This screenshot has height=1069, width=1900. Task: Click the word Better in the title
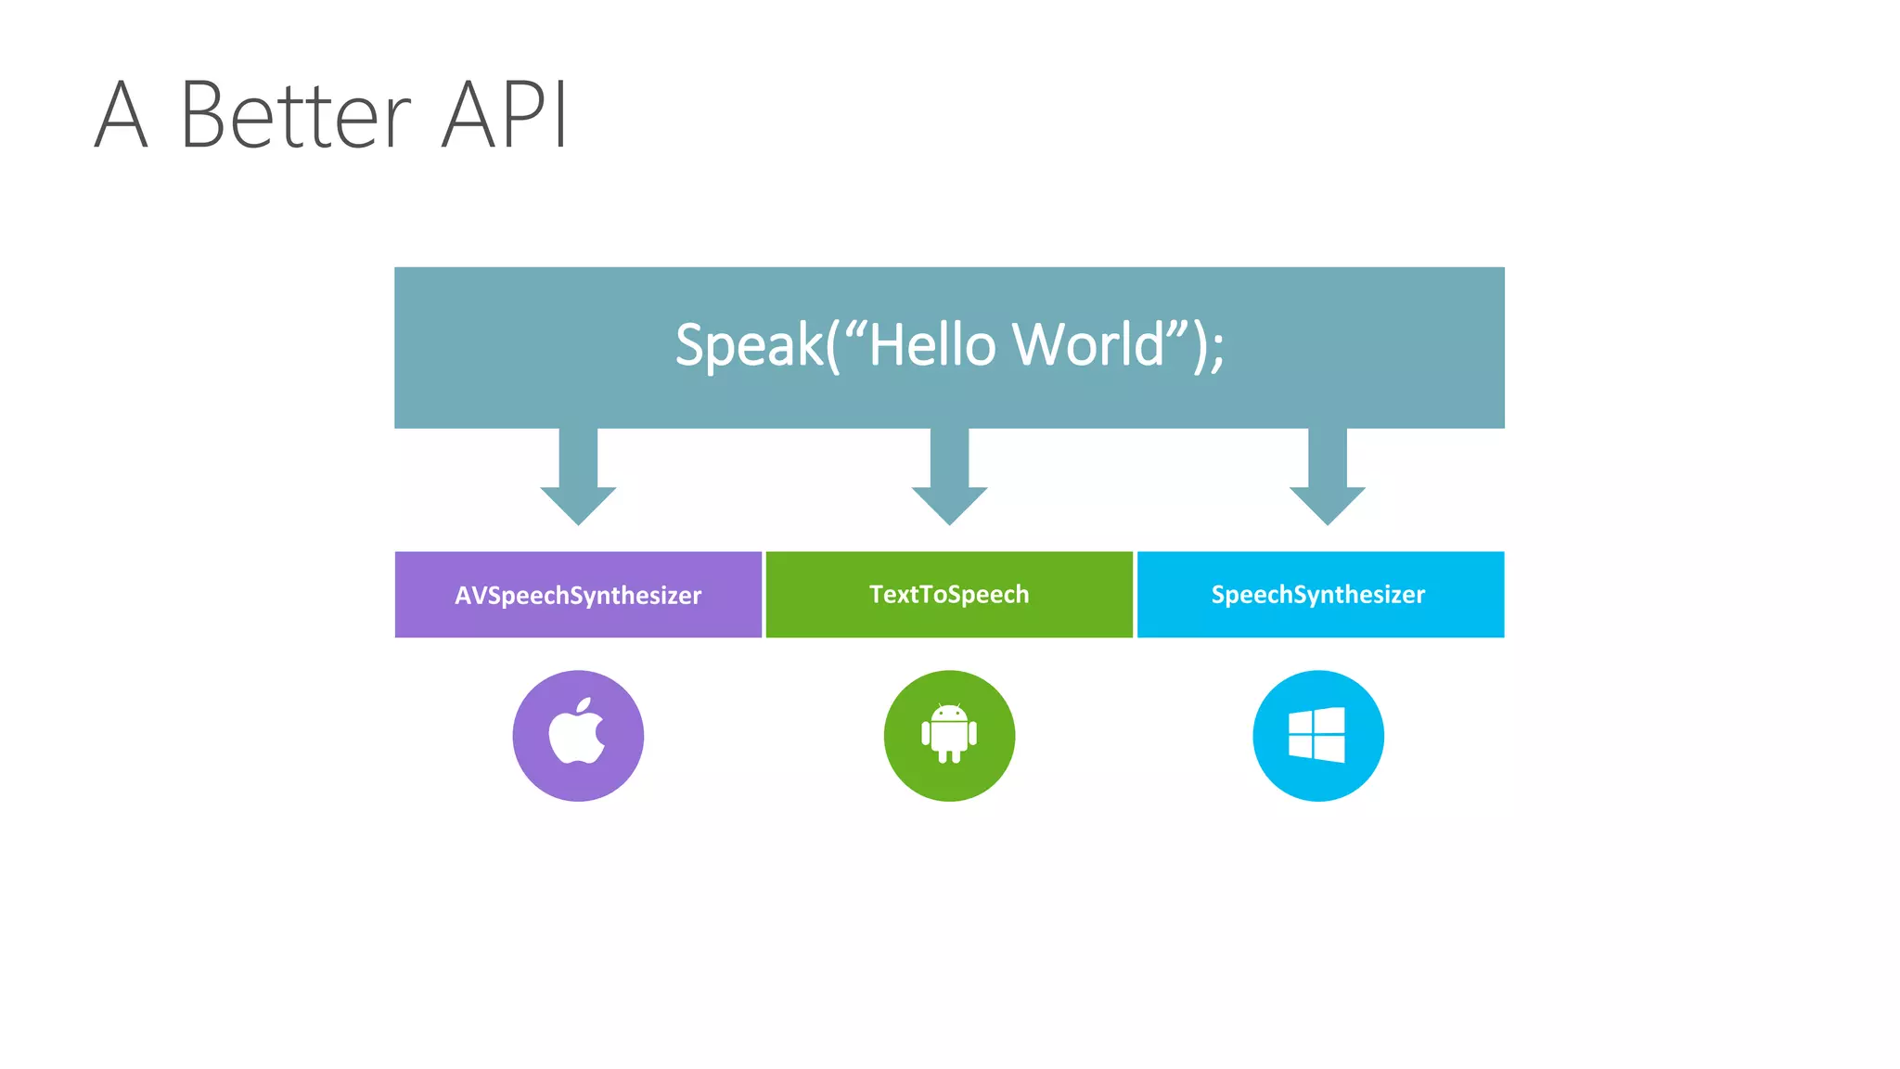pyautogui.click(x=295, y=115)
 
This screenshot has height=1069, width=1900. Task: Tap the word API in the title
pyautogui.click(x=504, y=115)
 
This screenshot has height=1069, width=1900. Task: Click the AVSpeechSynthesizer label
pyautogui.click(x=578, y=595)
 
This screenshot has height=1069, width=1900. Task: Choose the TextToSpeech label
pyautogui.click(x=949, y=594)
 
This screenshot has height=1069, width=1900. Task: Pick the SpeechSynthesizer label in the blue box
pyautogui.click(x=1318, y=594)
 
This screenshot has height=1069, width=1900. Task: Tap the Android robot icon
pyautogui.click(x=949, y=734)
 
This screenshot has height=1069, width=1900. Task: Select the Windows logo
pyautogui.click(x=1317, y=735)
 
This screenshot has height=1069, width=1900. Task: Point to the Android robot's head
pyautogui.click(x=949, y=714)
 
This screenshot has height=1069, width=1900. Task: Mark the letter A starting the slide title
pyautogui.click(x=122, y=115)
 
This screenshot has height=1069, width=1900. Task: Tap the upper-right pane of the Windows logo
pyautogui.click(x=1330, y=720)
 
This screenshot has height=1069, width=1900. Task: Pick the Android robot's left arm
pyautogui.click(x=925, y=734)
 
